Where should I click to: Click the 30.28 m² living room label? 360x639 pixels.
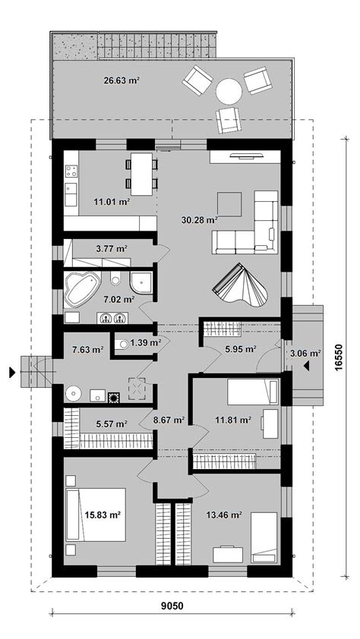(199, 221)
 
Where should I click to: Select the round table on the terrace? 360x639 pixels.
(229, 91)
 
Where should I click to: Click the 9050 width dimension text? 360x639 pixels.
(171, 606)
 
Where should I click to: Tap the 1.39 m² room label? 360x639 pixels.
(145, 343)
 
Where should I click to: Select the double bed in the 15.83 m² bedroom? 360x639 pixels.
(96, 515)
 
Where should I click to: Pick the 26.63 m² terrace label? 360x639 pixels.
(122, 80)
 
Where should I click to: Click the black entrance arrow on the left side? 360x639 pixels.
(13, 372)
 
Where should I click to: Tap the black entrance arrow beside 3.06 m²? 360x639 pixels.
(306, 366)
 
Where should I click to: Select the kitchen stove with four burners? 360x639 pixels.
(71, 171)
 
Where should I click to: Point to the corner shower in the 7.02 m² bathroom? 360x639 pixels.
(141, 282)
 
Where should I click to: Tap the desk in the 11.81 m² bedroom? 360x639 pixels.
(270, 423)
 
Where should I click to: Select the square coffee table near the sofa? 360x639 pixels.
(229, 205)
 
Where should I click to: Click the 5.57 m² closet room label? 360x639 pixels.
(112, 424)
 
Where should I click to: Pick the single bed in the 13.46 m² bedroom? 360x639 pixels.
(264, 537)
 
